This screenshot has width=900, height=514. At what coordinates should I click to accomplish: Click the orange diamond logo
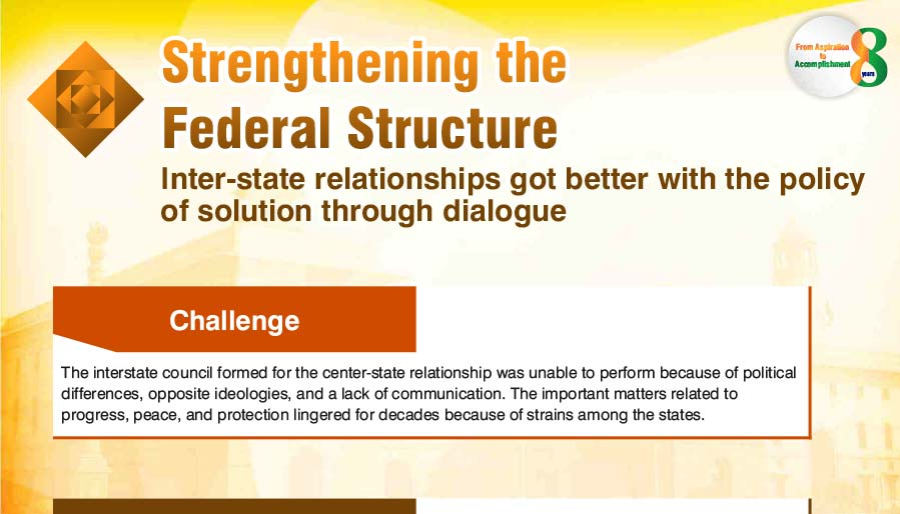[x=86, y=99]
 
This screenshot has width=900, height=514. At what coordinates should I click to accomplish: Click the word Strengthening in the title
[x=320, y=63]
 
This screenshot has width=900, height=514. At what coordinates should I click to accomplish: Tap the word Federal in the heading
[x=247, y=127]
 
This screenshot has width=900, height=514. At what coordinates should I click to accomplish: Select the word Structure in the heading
[x=452, y=127]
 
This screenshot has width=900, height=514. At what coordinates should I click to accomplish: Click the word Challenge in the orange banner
[x=234, y=321]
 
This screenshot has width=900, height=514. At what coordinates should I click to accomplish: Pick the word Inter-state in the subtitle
[x=233, y=179]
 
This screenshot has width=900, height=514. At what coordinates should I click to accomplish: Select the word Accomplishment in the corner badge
[x=822, y=64]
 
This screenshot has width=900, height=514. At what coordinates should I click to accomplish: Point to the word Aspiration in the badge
[x=831, y=47]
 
